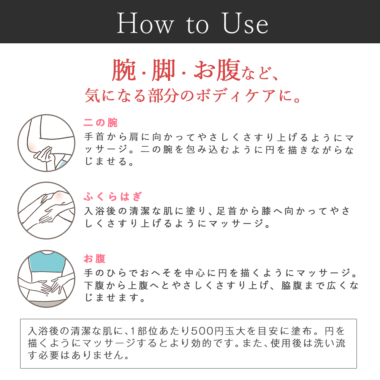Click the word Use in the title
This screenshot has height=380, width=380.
tap(245, 23)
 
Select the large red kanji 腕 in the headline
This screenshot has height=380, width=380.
tap(123, 70)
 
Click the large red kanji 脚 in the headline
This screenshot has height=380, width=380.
tap(163, 70)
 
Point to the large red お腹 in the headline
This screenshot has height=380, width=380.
tap(217, 70)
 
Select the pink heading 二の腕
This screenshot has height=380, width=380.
tap(101, 123)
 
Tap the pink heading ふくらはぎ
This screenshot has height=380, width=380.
tap(113, 196)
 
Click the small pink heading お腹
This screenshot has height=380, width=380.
tap(95, 258)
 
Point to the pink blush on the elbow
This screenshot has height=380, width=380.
tap(32, 146)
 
